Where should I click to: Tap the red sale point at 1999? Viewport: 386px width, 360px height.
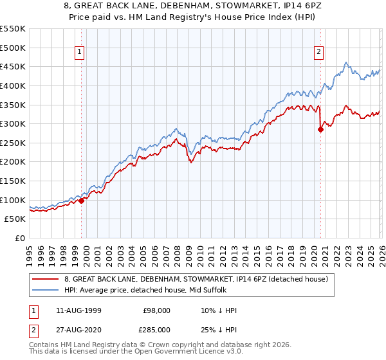pyautogui.click(x=82, y=201)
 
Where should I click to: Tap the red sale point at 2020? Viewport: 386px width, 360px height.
pyautogui.click(x=320, y=129)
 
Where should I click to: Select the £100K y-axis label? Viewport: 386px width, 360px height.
pyautogui.click(x=14, y=200)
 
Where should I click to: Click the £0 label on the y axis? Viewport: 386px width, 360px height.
pyautogui.click(x=20, y=238)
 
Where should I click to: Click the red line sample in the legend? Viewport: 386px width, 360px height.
pyautogui.click(x=46, y=279)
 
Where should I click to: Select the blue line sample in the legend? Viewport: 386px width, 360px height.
pyautogui.click(x=46, y=290)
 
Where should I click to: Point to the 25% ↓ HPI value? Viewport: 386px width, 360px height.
pyautogui.click(x=219, y=330)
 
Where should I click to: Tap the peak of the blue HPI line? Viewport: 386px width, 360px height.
pyautogui.click(x=346, y=62)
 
